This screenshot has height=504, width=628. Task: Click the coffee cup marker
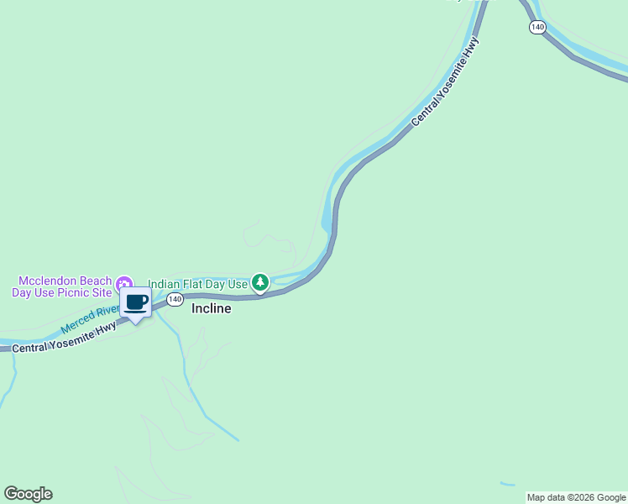point(135,303)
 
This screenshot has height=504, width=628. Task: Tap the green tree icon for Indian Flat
point(261,283)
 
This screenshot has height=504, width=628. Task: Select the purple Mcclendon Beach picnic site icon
point(124,282)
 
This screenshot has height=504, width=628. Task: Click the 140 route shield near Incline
point(175,299)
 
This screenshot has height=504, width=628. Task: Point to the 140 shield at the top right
point(537,27)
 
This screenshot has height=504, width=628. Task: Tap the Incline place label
point(211,308)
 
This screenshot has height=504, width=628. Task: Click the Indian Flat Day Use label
point(198,284)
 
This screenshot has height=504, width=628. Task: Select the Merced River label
point(91,319)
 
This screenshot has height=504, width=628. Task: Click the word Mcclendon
point(49,281)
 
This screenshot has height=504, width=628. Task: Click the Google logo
point(28,494)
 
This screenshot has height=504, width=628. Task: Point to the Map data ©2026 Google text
point(576,497)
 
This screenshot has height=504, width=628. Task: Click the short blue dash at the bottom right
point(507,484)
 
